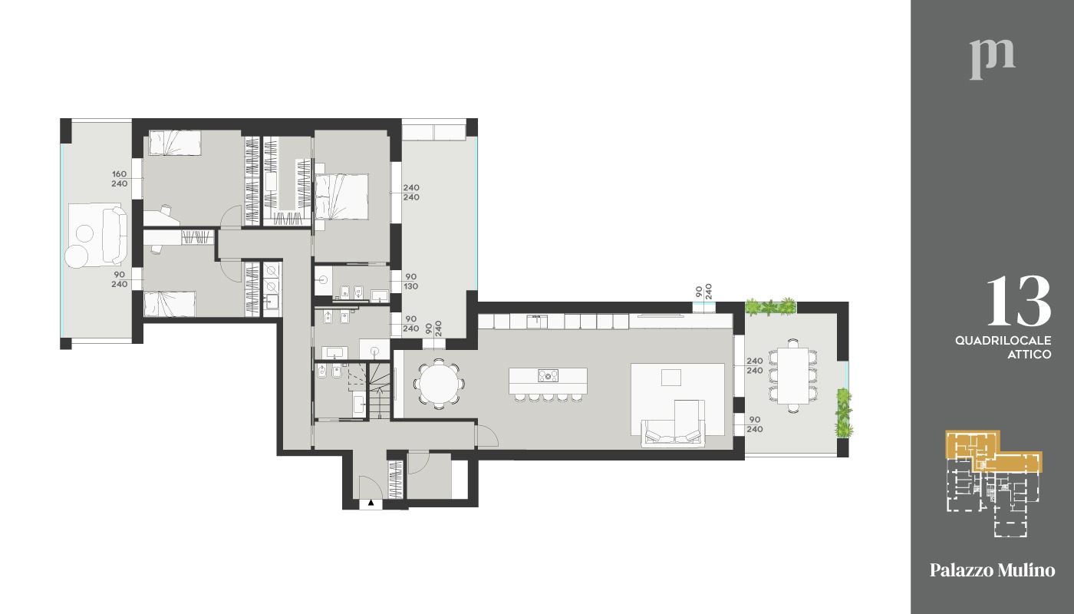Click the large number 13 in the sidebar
pos(1019,300)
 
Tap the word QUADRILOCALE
pos(1003,341)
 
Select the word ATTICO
pos(1029,355)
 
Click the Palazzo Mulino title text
pos(993,569)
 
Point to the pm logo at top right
pos(992,60)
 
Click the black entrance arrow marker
pos(371,503)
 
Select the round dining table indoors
pos(439,384)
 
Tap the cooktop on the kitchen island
pos(548,375)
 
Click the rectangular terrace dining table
pos(792,375)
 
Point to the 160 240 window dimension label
pos(120,179)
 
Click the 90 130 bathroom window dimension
pos(411,282)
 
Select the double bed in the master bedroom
pos(341,196)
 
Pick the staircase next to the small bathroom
pos(380,391)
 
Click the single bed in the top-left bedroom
pos(175,143)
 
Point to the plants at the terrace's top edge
pos(770,307)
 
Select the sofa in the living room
pos(674,431)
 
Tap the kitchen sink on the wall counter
pos(537,321)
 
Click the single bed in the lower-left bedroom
pos(170,304)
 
